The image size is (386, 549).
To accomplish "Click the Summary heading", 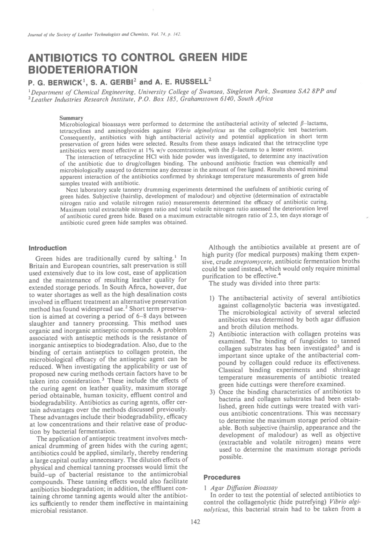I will pos(71,118).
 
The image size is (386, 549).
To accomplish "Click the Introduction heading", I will pos(48,248).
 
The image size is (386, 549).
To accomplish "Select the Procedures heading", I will pos(222,477).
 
